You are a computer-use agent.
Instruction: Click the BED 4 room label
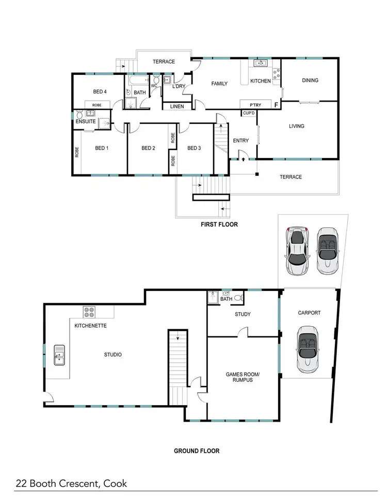tap(100, 92)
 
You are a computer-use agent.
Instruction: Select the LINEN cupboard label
tap(173, 106)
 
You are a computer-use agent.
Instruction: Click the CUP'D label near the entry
tap(248, 113)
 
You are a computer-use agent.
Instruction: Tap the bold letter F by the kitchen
tap(277, 105)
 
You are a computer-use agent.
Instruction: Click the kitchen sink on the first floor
tap(260, 63)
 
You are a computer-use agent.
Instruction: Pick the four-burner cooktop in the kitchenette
tap(89, 312)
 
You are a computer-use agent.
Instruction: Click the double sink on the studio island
tap(60, 354)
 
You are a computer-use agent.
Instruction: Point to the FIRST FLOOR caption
tap(219, 225)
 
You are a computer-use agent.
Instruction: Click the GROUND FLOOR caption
tap(196, 451)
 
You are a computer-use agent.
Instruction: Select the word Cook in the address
tap(115, 484)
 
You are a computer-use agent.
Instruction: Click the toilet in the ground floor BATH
tap(238, 298)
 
